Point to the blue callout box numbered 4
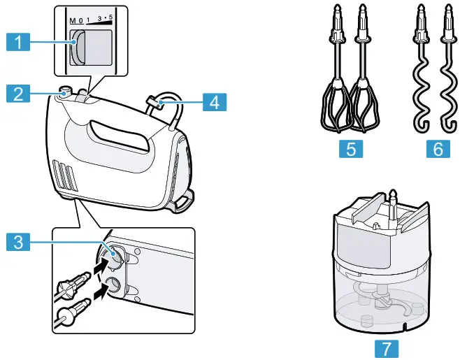tap(215, 102)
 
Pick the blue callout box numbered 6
tap(435, 149)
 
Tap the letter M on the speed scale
tap(72, 20)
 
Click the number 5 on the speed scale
tap(110, 17)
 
